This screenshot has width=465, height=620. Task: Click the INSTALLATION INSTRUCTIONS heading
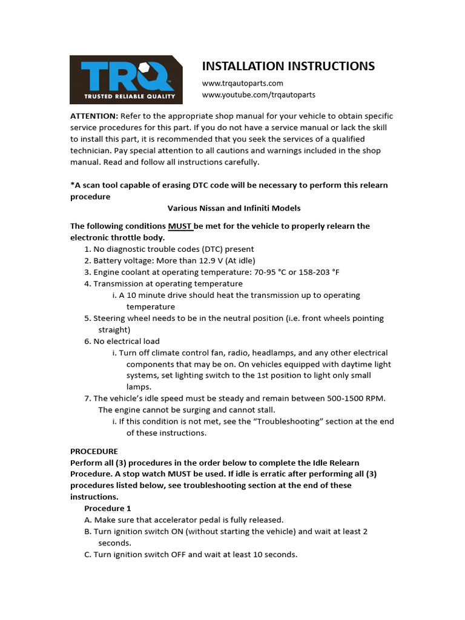coord(288,66)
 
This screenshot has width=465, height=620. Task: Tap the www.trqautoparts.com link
coord(242,83)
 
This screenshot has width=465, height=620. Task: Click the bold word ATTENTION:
coord(94,116)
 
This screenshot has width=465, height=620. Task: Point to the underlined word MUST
coord(180,226)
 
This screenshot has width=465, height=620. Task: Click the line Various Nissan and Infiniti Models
coord(234,208)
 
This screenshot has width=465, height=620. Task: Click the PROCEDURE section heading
coord(94,451)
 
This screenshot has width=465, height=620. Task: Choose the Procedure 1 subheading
coord(107,508)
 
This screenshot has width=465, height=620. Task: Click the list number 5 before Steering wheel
coord(87,318)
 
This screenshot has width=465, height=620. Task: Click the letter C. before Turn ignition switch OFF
coord(88,554)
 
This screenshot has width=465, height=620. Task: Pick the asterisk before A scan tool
coord(72,185)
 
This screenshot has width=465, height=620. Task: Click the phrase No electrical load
coord(126,341)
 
